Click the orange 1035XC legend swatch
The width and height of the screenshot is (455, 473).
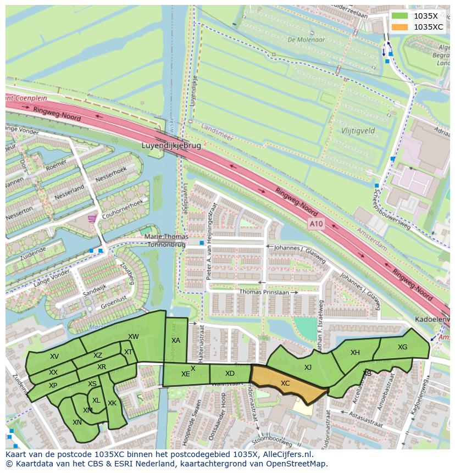tap(401, 27)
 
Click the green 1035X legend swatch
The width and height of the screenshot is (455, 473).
tap(401, 16)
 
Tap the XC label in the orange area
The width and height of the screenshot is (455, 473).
tap(285, 383)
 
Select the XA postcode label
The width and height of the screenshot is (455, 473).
tap(176, 341)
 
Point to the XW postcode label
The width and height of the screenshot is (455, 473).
tap(134, 337)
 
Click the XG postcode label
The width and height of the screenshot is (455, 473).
tap(403, 347)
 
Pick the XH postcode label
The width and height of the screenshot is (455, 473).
tap(355, 353)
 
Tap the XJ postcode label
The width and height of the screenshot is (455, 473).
tap(308, 367)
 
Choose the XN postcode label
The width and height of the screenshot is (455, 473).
tap(77, 422)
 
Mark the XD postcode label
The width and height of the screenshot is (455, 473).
tap(230, 374)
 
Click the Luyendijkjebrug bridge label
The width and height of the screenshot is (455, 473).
tap(171, 147)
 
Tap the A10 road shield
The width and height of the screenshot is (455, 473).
tap(316, 224)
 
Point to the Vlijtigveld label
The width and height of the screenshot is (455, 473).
tap(358, 131)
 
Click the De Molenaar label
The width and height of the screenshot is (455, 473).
tap(306, 40)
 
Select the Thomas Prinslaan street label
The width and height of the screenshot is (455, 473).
tap(264, 293)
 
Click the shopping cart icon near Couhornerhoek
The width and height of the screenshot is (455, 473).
tap(91, 219)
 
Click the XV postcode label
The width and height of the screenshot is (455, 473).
tap(54, 357)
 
